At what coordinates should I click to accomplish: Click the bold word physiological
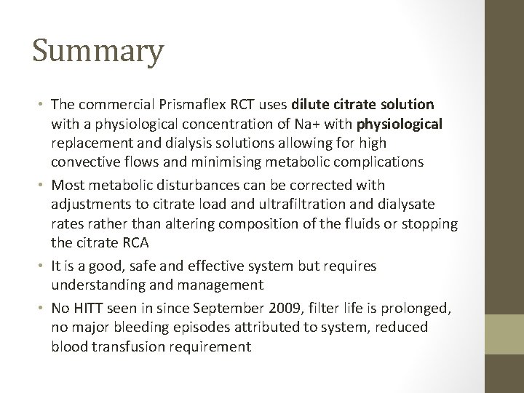point(399,124)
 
